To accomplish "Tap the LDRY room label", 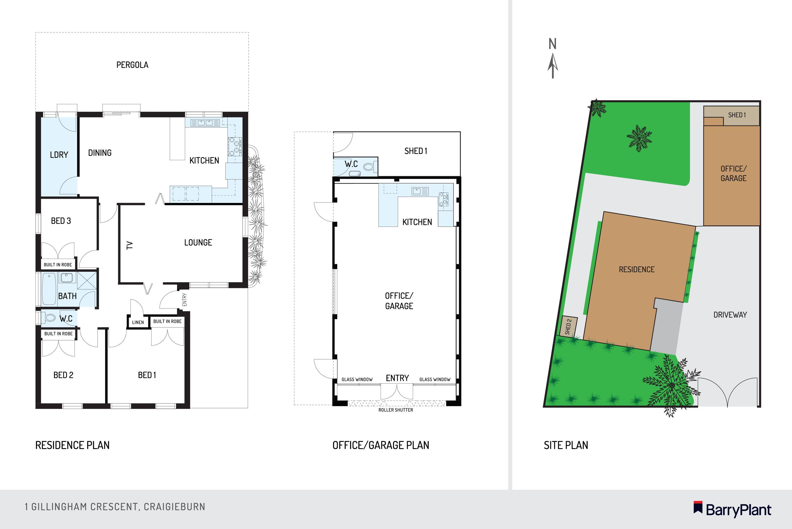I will tap(59, 155).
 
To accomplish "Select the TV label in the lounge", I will tap(130, 245).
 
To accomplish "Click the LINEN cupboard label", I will tap(138, 322).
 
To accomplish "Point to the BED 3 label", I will tap(61, 221).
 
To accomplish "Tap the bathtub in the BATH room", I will tap(49, 288).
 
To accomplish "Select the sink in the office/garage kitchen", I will tap(420, 191).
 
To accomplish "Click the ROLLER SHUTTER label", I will tap(395, 410).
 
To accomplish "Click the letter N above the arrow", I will tap(552, 44).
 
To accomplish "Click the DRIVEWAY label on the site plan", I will tap(730, 315).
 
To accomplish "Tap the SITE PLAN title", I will tap(566, 445).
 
